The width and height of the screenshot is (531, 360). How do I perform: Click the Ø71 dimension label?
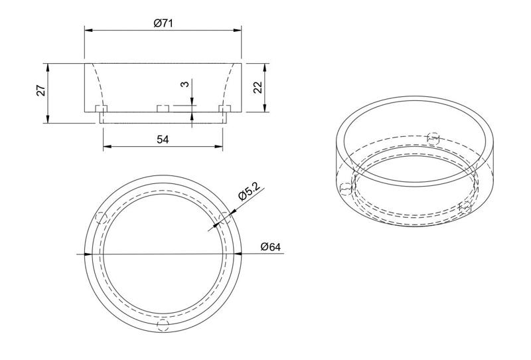tap(163, 23)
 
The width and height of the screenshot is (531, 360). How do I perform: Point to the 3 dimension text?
tap(185, 84)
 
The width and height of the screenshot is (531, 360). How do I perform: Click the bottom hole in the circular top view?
tap(163, 325)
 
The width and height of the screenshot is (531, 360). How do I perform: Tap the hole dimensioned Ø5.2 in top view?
tap(224, 218)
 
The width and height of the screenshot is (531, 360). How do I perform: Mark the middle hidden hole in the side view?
tap(163, 108)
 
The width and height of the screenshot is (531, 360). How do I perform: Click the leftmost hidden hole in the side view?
tap(102, 108)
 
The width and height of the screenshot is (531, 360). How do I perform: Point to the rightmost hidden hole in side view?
tap(224, 108)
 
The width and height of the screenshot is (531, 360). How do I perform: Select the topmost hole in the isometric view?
tap(433, 137)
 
